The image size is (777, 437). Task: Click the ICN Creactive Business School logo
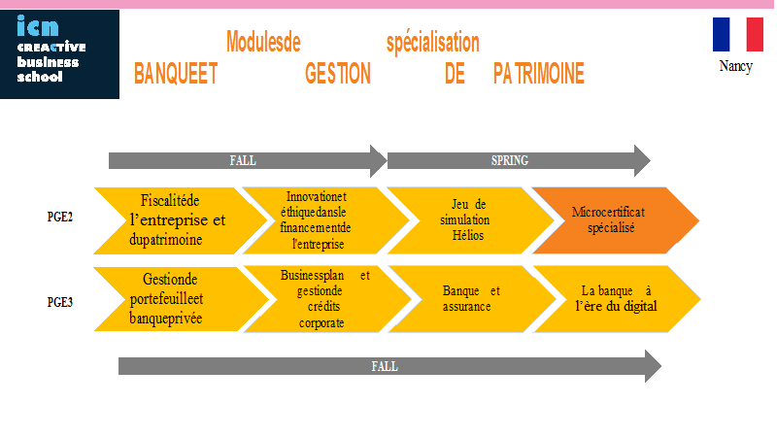click(59, 54)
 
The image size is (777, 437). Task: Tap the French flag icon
click(737, 34)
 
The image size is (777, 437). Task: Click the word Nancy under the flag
click(736, 66)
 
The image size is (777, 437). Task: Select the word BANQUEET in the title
click(176, 74)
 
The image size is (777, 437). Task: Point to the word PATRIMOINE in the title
click(539, 74)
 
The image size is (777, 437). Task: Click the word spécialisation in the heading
click(432, 42)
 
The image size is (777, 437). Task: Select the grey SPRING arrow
click(519, 160)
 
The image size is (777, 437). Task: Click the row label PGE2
click(60, 217)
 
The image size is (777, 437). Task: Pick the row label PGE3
click(60, 302)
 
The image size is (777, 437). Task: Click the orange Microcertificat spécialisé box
click(616, 220)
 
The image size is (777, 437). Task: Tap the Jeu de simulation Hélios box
click(470, 220)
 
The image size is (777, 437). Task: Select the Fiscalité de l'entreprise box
click(181, 220)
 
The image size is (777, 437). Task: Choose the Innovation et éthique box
click(325, 220)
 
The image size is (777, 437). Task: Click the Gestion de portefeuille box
click(182, 299)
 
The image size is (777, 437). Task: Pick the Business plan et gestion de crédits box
click(327, 299)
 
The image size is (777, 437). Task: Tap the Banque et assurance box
click(472, 299)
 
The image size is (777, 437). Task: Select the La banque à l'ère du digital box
click(617, 299)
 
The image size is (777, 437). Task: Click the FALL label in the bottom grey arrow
click(385, 367)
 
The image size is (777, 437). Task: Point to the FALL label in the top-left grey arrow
click(243, 160)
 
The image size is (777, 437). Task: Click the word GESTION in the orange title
click(338, 74)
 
